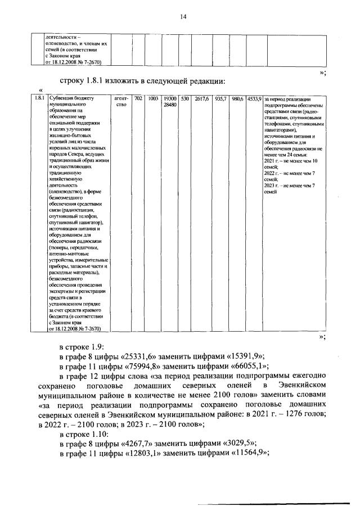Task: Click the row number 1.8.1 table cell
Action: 38,99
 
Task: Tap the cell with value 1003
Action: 153,99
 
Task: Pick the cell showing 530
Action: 184,99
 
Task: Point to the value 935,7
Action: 220,99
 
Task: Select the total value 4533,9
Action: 254,99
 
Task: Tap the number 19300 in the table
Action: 170,99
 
